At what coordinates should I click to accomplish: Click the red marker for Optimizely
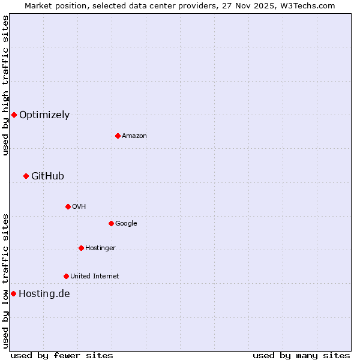(x=14, y=115)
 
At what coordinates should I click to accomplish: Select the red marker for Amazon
(x=118, y=136)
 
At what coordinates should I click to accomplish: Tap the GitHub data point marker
(x=26, y=176)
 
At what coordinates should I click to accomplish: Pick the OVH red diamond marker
(x=68, y=206)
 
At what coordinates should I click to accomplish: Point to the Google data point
(x=111, y=223)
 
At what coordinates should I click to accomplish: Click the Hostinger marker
(x=81, y=248)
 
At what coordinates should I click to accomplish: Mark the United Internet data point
(x=66, y=276)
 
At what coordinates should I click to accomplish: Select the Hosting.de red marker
(x=13, y=293)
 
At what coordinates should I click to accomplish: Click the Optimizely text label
(x=44, y=115)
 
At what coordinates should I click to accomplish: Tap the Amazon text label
(x=134, y=136)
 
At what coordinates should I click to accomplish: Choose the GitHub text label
(x=47, y=176)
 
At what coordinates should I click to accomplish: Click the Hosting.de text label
(x=44, y=293)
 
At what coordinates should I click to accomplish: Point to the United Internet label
(x=95, y=277)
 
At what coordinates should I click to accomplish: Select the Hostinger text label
(x=100, y=248)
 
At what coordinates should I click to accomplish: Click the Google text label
(x=126, y=224)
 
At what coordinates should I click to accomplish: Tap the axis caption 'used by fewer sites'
(x=61, y=356)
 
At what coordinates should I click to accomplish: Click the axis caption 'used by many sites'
(x=301, y=356)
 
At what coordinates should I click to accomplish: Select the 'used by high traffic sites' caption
(x=5, y=85)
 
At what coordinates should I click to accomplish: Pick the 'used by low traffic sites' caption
(x=5, y=281)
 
